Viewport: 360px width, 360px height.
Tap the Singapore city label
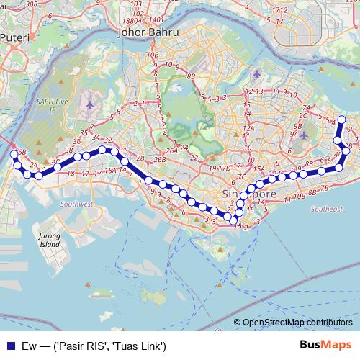[x=248, y=195]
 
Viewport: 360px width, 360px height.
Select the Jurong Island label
[x=50, y=240]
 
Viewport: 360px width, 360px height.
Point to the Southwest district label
[x=77, y=204]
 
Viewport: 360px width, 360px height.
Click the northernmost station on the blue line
[x=342, y=120]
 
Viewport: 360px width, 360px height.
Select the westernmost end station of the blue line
[x=13, y=155]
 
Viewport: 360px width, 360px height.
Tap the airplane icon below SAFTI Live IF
[x=89, y=106]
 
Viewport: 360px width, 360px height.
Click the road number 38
[x=69, y=151]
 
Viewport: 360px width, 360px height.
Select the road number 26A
[x=171, y=151]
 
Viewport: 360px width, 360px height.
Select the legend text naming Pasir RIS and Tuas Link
[x=94, y=346]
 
